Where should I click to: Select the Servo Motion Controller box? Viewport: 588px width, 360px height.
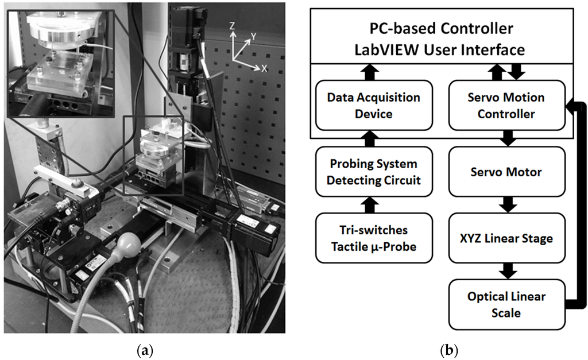pyautogui.click(x=505, y=106)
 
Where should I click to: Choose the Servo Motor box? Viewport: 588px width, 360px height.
pyautogui.click(x=505, y=172)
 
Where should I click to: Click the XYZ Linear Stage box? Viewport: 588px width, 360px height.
pyautogui.click(x=505, y=238)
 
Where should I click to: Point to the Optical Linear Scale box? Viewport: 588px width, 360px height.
pyautogui.click(x=505, y=304)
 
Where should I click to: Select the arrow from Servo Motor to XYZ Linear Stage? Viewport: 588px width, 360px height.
pyautogui.click(x=505, y=204)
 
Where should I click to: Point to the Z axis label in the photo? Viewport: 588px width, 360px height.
pyautogui.click(x=231, y=26)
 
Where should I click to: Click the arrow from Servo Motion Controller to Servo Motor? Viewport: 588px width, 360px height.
pyautogui.click(x=505, y=138)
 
